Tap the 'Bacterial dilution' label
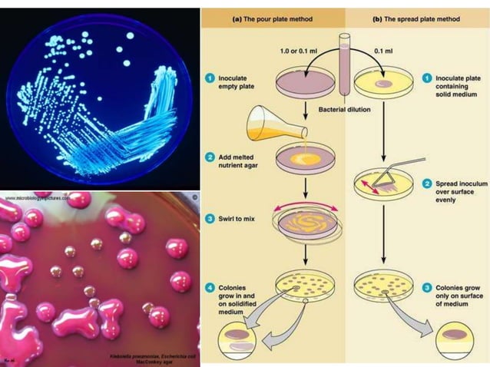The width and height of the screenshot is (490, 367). point(344,110)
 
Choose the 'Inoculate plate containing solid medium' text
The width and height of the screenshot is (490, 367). point(459,87)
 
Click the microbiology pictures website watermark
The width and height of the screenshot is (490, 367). point(39,197)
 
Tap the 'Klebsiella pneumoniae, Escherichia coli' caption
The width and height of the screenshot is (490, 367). point(150,356)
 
